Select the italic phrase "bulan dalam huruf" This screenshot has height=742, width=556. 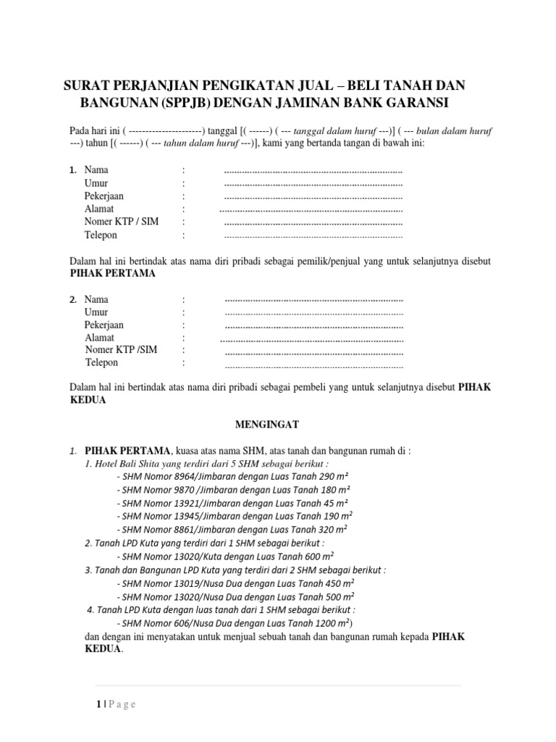(452, 130)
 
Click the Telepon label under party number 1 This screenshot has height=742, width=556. (101, 235)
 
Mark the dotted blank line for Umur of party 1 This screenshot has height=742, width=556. (313, 184)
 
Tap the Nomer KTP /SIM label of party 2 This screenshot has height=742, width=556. (121, 350)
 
